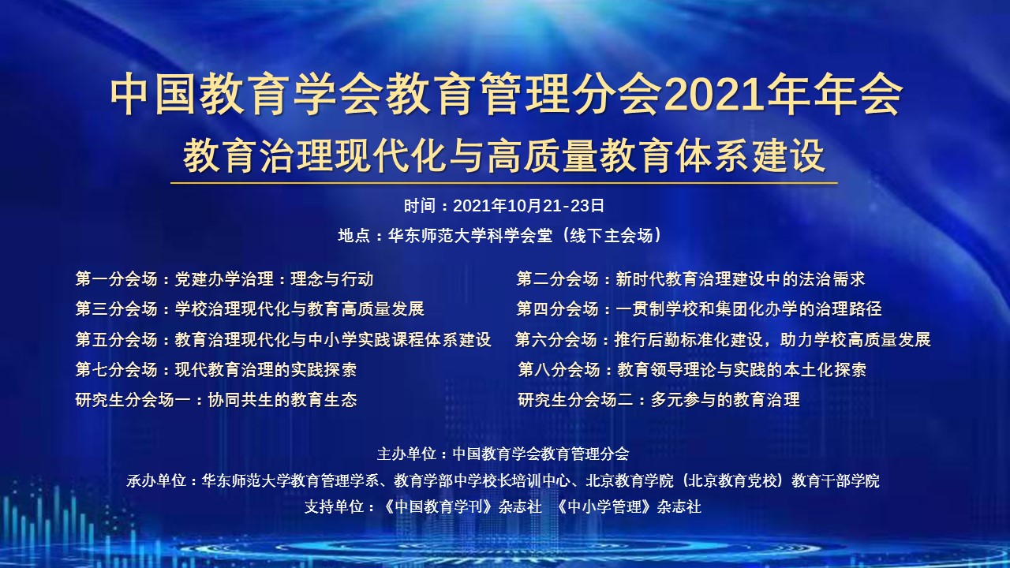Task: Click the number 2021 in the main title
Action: (x=714, y=95)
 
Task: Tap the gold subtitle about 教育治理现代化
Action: (x=504, y=156)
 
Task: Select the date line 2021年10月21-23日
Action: (x=504, y=206)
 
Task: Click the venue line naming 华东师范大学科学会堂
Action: (x=499, y=236)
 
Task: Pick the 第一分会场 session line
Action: (x=225, y=279)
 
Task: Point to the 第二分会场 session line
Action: (x=690, y=279)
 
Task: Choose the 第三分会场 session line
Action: (x=250, y=309)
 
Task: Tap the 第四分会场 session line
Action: (x=699, y=309)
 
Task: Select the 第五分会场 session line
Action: (x=283, y=339)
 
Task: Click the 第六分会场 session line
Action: (x=723, y=339)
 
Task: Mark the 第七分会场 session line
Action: (x=216, y=370)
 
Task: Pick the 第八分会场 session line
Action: (x=692, y=370)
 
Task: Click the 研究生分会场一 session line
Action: (x=216, y=400)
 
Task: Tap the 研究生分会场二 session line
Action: (x=659, y=400)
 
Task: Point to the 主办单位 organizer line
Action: (x=503, y=454)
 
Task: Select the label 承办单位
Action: (x=156, y=480)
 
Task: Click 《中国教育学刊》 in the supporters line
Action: (x=437, y=506)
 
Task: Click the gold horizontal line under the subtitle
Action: (x=504, y=184)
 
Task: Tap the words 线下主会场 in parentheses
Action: (x=611, y=236)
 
